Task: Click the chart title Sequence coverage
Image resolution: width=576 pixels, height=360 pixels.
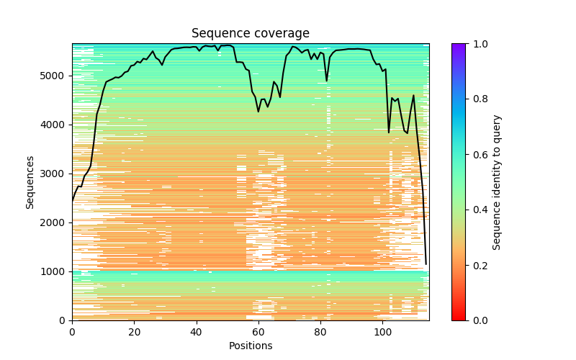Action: pyautogui.click(x=250, y=34)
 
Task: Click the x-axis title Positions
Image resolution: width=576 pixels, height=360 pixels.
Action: pyautogui.click(x=250, y=346)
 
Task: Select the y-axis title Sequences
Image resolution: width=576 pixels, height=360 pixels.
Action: pyautogui.click(x=30, y=181)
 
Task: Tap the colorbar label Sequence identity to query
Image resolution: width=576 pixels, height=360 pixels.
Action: pyautogui.click(x=497, y=181)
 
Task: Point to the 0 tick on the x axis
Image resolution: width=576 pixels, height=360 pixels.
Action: pyautogui.click(x=72, y=331)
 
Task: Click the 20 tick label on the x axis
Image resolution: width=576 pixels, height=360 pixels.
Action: pyautogui.click(x=134, y=331)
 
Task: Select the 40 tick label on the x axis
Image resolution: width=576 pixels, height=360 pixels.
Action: pyautogui.click(x=196, y=331)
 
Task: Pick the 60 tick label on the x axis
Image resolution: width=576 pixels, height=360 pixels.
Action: pyautogui.click(x=258, y=331)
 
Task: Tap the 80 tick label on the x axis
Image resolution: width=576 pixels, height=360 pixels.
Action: pyautogui.click(x=320, y=331)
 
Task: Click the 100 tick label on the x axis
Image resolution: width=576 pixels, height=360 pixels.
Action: pyautogui.click(x=382, y=331)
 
